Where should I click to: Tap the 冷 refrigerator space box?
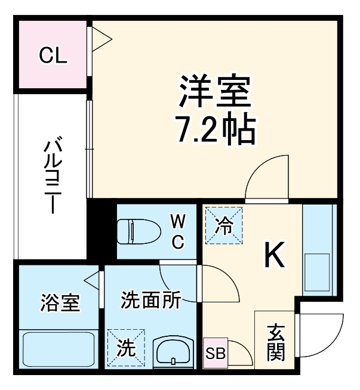click(224, 226)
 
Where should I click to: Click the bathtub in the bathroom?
click(58, 351)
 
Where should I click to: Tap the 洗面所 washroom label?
click(150, 300)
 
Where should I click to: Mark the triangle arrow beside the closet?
click(100, 41)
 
